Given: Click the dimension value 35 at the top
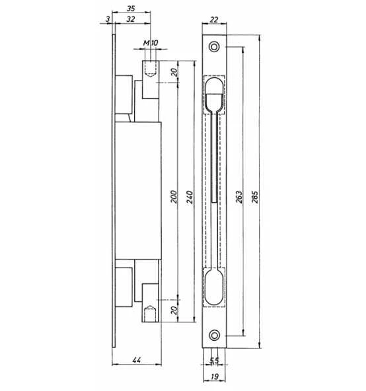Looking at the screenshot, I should [130, 7].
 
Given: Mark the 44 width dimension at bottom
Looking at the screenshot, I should [137, 360].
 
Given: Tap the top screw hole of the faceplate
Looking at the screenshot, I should [215, 47].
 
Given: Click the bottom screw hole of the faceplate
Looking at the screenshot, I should [215, 334].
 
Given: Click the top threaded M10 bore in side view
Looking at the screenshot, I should [151, 69].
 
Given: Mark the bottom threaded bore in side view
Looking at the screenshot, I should [151, 311].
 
